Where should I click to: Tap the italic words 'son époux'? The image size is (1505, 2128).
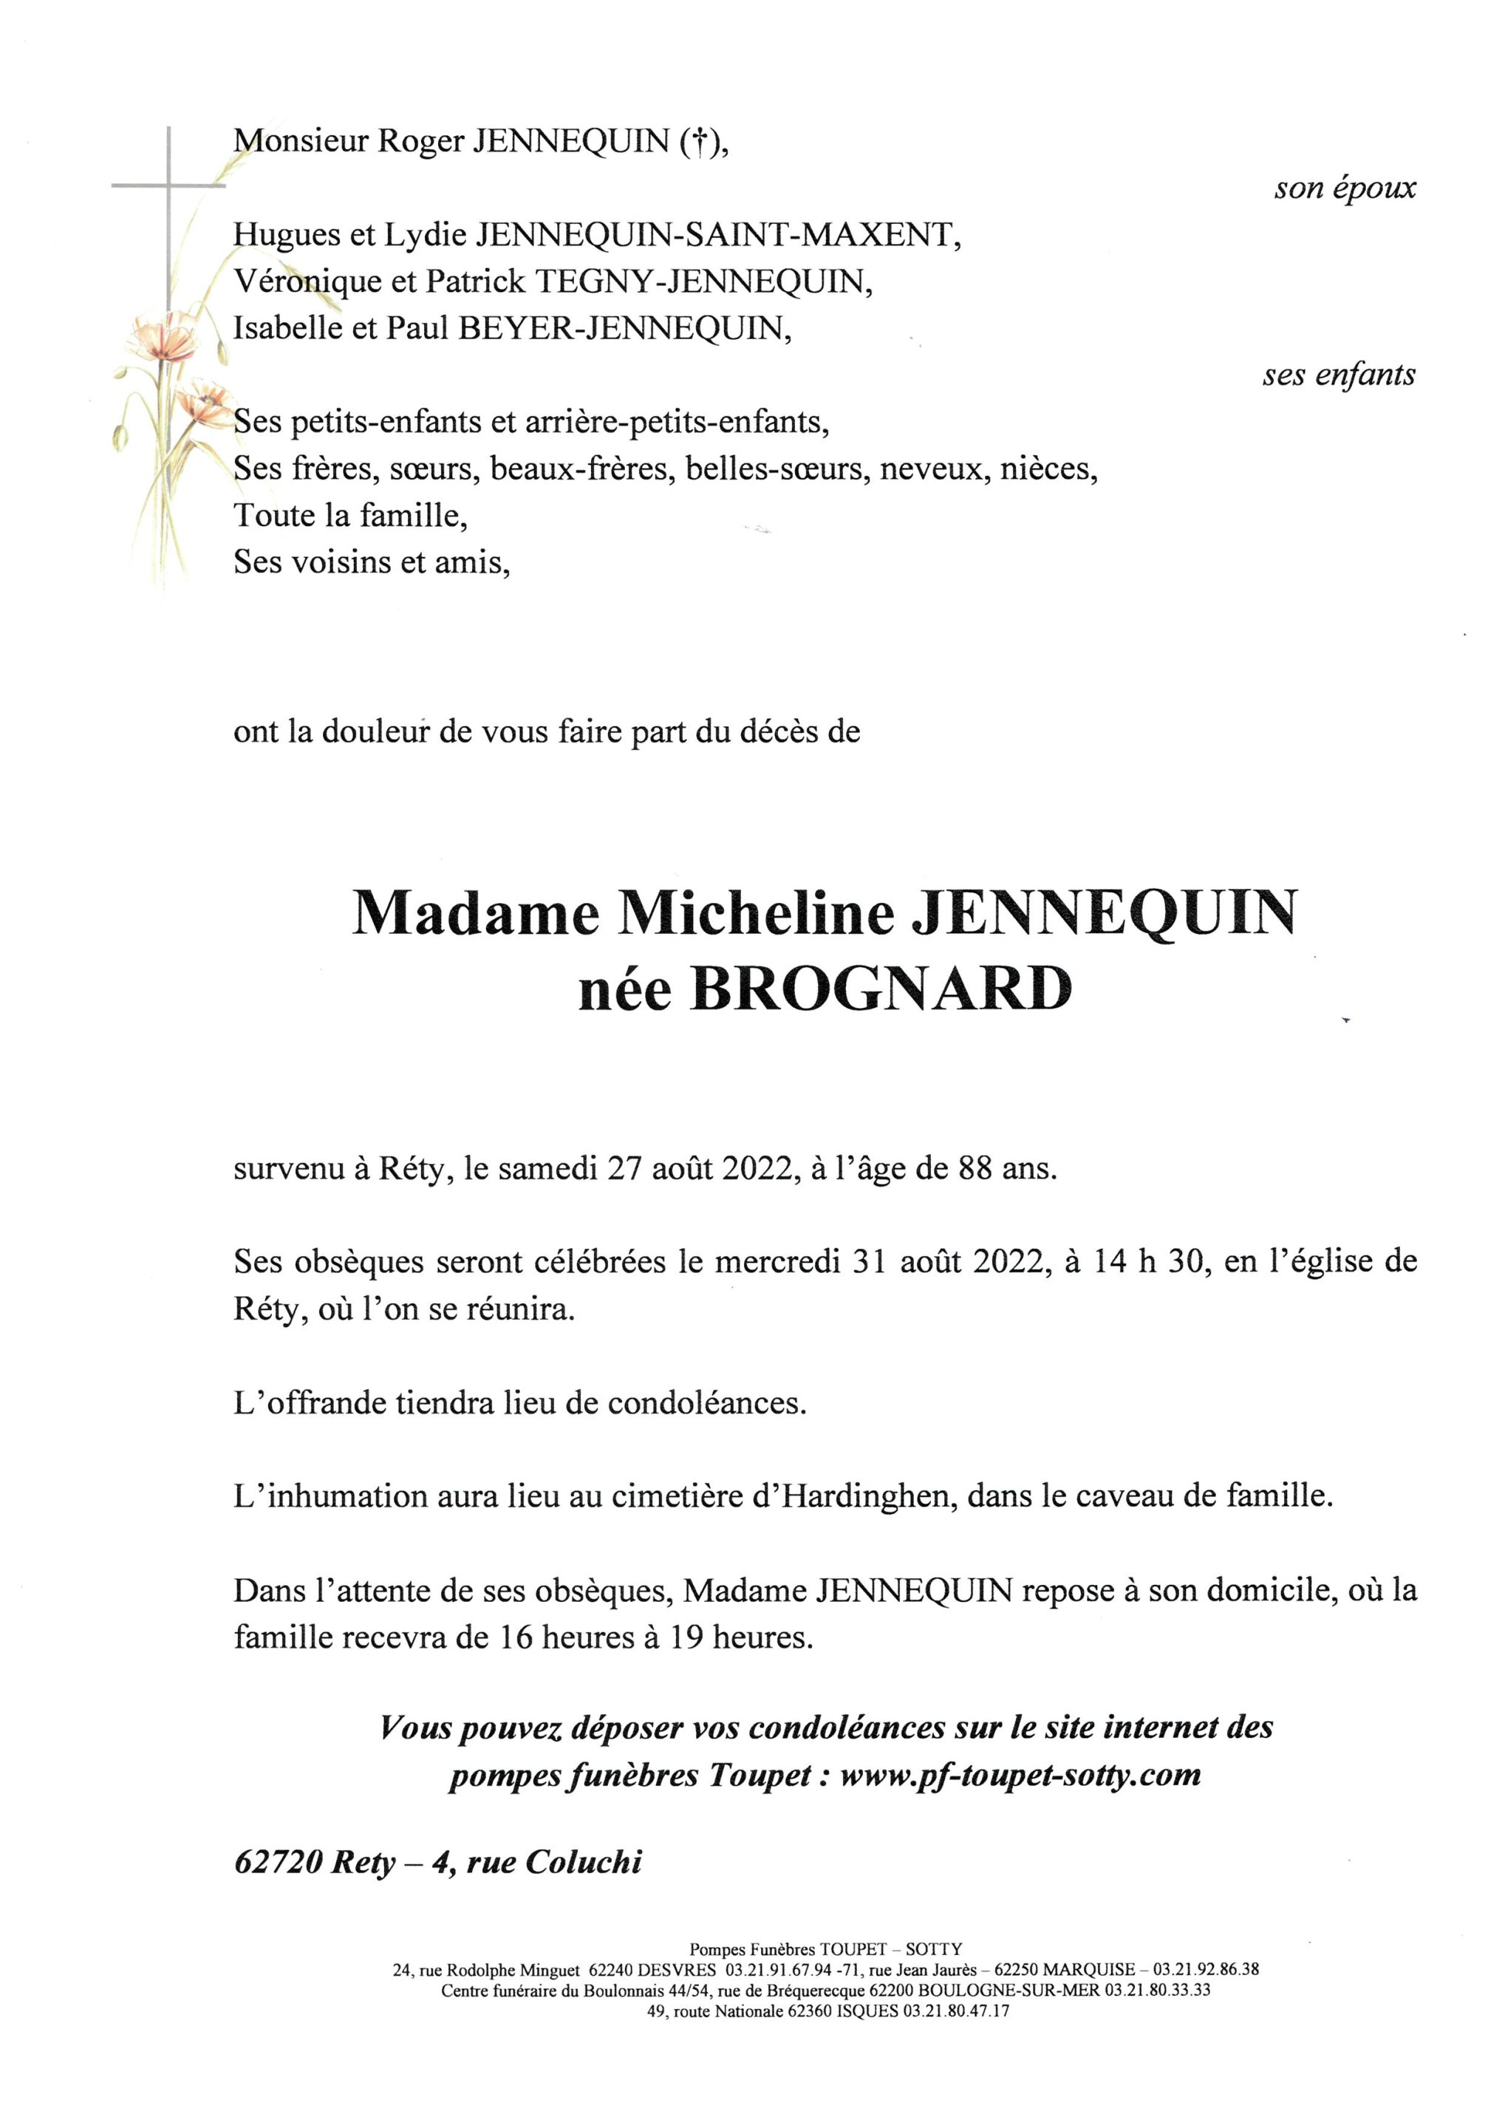(x=1345, y=188)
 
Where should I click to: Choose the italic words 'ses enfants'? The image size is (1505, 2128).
(x=1338, y=375)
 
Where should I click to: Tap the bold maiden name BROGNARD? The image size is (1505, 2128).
(x=878, y=990)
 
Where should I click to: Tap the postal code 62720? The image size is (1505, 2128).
(x=278, y=1862)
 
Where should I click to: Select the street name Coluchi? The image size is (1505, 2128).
(x=583, y=1862)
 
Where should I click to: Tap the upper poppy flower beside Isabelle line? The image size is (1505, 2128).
(x=154, y=334)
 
